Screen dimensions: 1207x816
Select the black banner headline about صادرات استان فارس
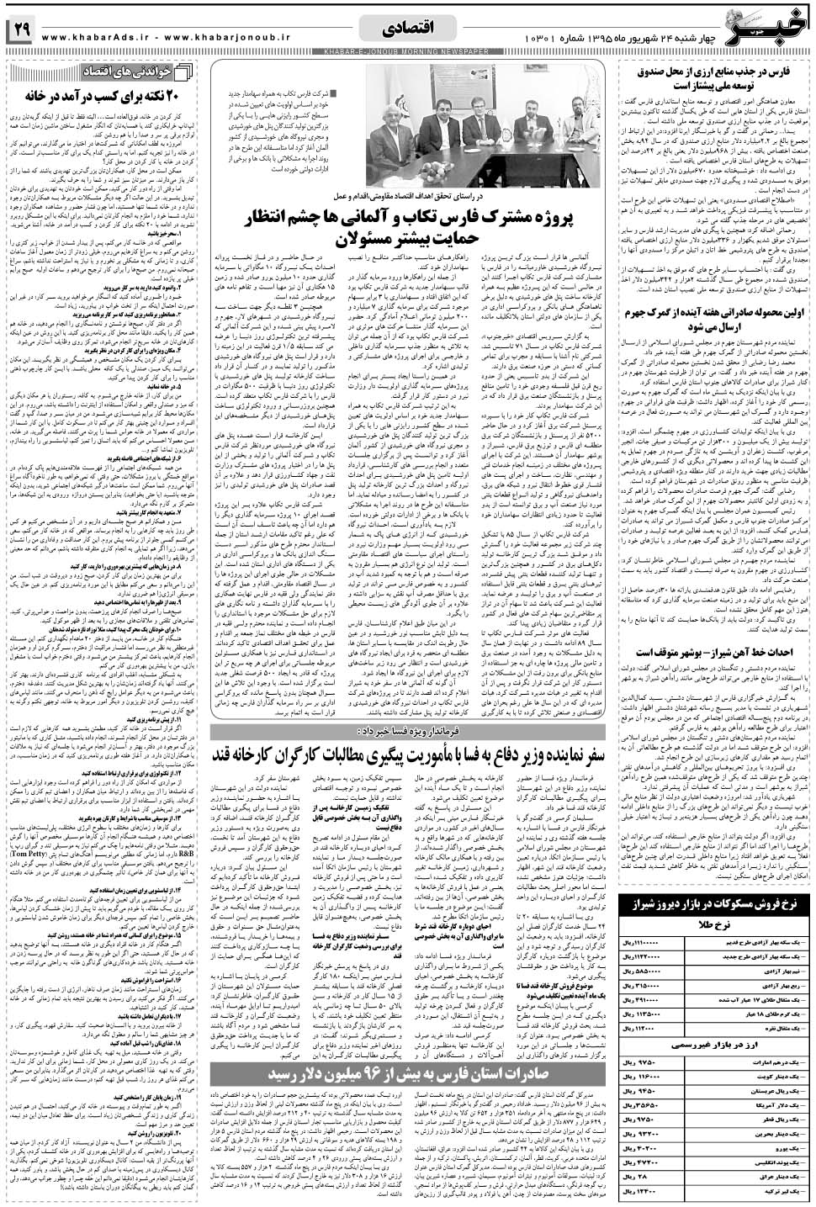[x=412, y=1075]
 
